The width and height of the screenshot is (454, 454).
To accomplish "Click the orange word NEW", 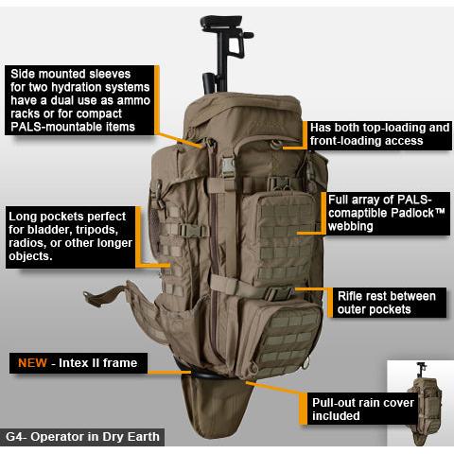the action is tap(32, 363).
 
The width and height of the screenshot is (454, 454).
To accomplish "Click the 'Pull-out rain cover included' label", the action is tap(362, 409).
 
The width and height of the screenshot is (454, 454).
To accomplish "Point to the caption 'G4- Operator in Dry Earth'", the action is tap(82, 437).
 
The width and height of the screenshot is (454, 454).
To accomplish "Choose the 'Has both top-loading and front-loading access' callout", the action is tap(379, 135).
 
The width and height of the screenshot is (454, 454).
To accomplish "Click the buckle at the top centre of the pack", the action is tap(229, 167).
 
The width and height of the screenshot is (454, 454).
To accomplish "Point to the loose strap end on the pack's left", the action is tap(104, 296).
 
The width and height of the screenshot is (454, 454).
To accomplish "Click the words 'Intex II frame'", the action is tap(97, 363).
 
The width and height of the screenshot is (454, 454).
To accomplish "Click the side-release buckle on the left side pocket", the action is tap(189, 230).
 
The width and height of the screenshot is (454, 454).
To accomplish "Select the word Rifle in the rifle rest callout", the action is tap(350, 296).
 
